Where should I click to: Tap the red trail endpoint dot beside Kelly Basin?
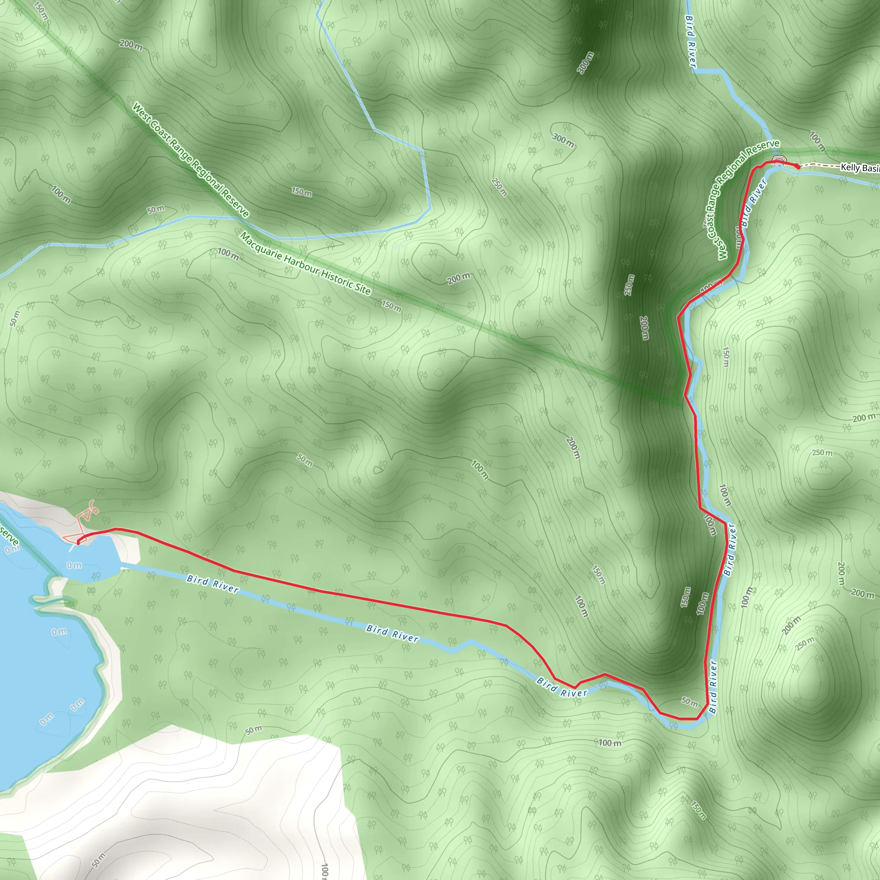798,167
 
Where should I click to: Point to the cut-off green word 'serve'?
9,535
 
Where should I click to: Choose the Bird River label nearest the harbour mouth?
212,584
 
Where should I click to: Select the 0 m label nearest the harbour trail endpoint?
74,565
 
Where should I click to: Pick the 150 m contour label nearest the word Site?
391,306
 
